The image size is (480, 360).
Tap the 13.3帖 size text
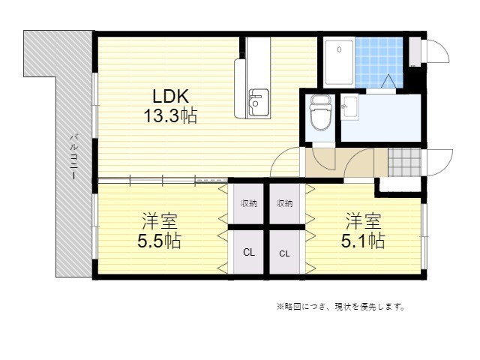tap(170, 116)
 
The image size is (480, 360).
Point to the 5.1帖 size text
tap(363, 241)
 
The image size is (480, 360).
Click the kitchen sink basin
tap(258, 103)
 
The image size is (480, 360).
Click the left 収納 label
tap(248, 203)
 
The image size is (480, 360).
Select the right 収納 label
tap(284, 203)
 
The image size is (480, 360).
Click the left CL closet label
tap(248, 253)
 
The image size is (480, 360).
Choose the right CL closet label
tap(284, 253)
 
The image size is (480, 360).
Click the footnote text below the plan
tap(340, 307)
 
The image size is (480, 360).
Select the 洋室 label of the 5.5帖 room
tap(159, 221)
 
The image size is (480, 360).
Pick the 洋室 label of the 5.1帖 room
tap(363, 221)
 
